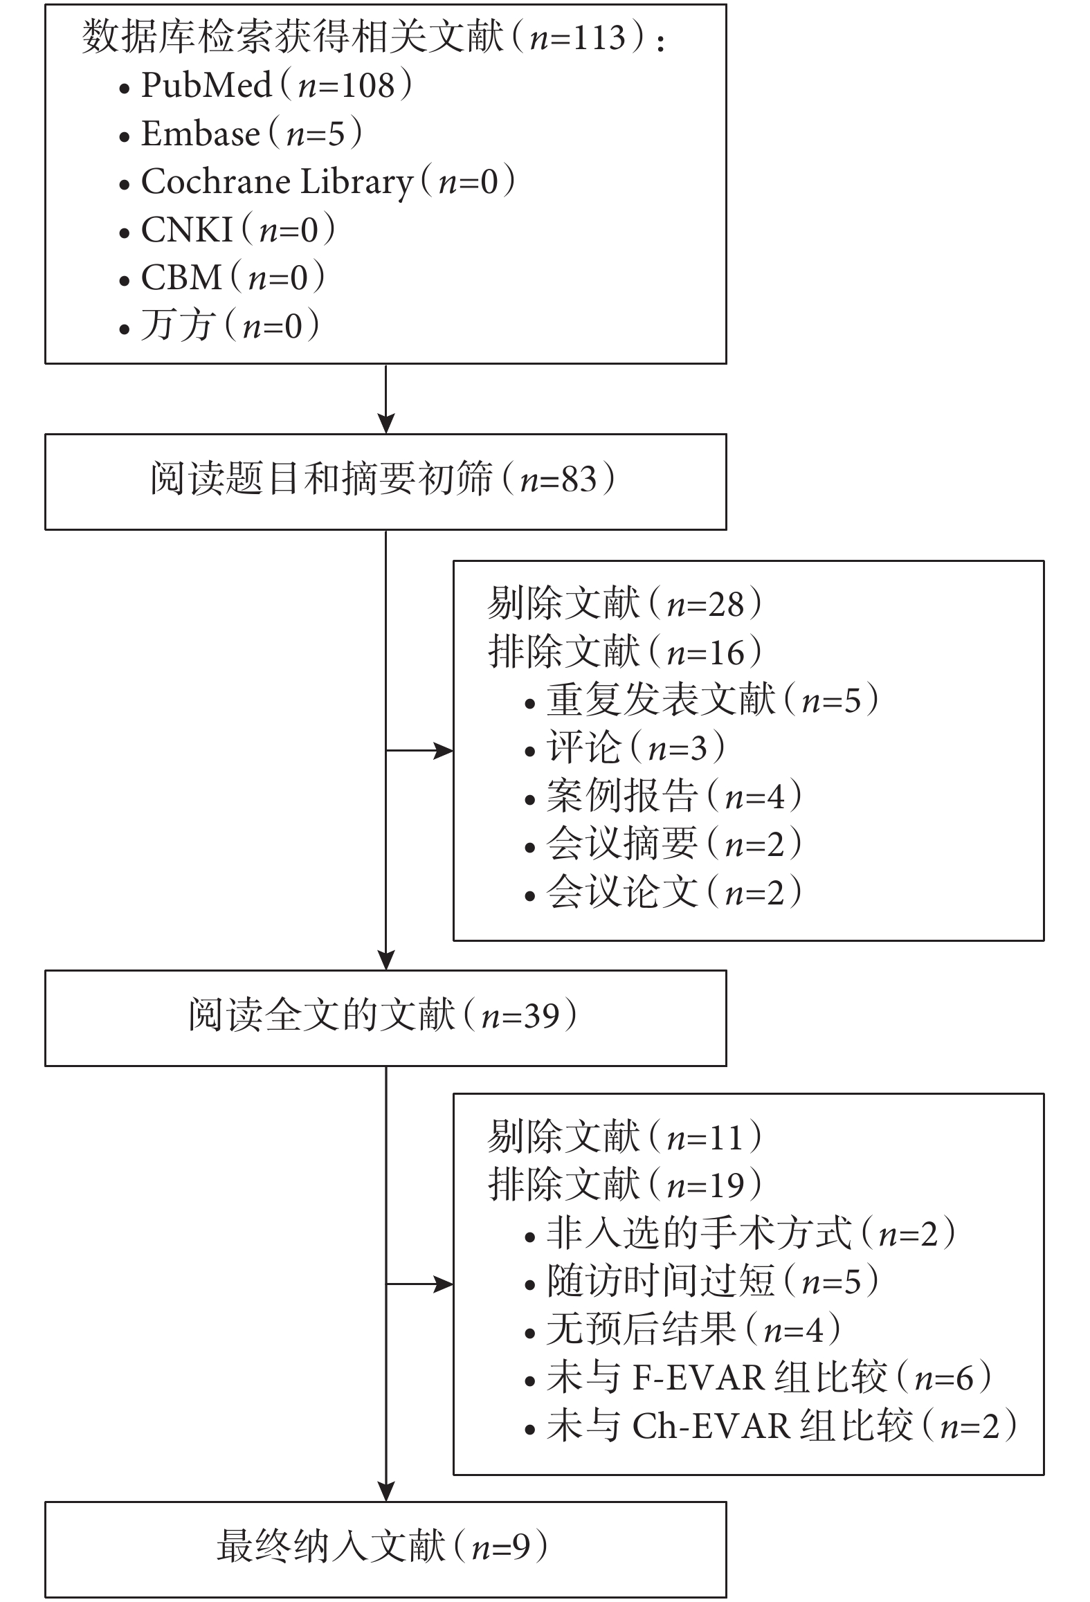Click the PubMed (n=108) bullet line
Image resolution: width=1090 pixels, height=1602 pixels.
(x=266, y=86)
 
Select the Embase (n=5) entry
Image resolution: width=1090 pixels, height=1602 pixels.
(x=241, y=134)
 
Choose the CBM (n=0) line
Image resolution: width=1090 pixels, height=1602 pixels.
(x=222, y=277)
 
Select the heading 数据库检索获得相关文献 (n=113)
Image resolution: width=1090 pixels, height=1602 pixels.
(x=373, y=37)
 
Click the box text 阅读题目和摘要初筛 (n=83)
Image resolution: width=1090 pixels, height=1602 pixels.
(x=383, y=479)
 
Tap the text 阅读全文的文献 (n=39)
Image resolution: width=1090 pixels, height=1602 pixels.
(x=383, y=1015)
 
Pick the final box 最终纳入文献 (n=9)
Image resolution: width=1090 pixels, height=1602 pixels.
(x=383, y=1546)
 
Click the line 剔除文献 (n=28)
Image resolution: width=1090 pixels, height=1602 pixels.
(x=625, y=603)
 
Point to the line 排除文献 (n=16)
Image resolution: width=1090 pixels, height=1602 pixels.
(x=625, y=652)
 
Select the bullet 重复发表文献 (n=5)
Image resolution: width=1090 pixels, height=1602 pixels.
(x=702, y=700)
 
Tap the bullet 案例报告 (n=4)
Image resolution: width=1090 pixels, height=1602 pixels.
(x=663, y=796)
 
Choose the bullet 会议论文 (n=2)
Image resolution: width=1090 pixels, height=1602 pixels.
(x=663, y=891)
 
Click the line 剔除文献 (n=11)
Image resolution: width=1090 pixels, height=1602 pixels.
(x=625, y=1137)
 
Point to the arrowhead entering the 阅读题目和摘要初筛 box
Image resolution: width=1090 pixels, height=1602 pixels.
(x=385, y=424)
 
